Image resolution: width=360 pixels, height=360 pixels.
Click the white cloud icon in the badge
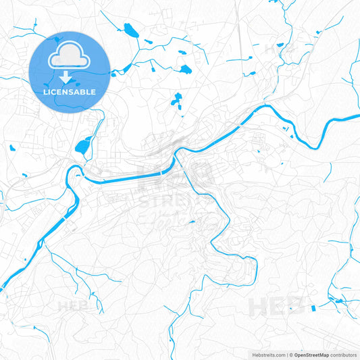point(70,57)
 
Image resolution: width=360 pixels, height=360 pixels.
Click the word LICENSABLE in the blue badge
point(70,91)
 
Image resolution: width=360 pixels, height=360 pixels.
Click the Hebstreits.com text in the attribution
point(265,355)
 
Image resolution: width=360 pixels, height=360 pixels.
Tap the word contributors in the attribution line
point(344,355)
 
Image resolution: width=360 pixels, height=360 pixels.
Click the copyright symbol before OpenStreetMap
point(290,355)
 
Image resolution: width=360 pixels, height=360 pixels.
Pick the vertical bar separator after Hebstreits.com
point(286,355)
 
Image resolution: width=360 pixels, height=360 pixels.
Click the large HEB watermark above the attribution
point(276,306)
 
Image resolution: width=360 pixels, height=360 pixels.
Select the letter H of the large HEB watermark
point(259,306)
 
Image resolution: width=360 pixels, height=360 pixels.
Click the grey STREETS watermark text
point(165,201)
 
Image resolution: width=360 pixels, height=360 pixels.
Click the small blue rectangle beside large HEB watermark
point(313,308)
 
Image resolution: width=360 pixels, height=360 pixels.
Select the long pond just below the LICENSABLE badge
point(84,144)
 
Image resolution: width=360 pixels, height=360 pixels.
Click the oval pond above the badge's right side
point(129,30)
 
